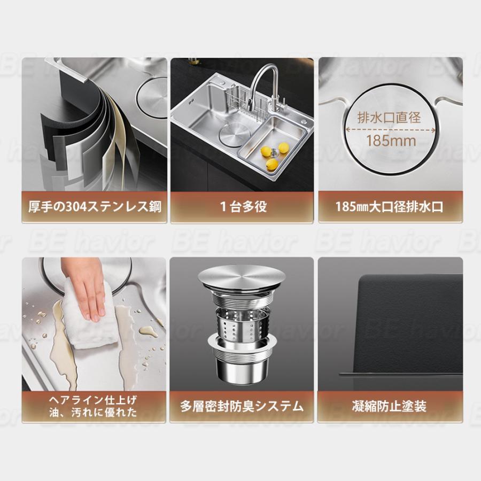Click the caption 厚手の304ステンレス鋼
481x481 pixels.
[x=95, y=207]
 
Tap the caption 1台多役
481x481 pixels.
[x=244, y=207]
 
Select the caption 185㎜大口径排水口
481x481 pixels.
[x=389, y=207]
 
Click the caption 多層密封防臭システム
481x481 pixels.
[x=242, y=407]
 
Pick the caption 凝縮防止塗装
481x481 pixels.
[x=389, y=407]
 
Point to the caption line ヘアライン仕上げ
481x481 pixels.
[x=93, y=400]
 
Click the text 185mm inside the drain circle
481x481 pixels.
[x=391, y=141]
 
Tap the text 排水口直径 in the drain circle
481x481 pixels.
[x=389, y=118]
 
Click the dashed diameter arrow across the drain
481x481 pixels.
[x=391, y=130]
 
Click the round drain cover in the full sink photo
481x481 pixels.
[x=233, y=133]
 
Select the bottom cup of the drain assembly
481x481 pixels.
[x=242, y=368]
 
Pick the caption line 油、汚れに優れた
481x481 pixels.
[x=93, y=413]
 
